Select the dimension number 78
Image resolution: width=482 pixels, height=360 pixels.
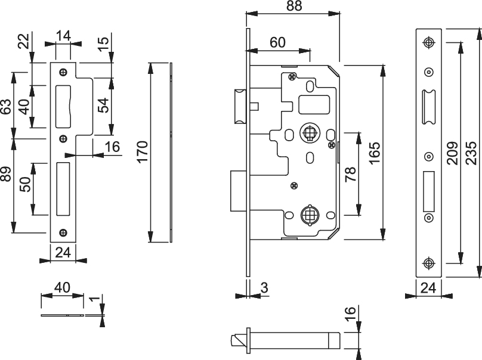click(x=350, y=174)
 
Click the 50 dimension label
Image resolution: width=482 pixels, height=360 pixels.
click(x=26, y=185)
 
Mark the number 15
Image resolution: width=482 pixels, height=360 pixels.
click(x=103, y=42)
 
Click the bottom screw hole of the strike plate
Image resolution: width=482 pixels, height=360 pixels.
click(x=63, y=232)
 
